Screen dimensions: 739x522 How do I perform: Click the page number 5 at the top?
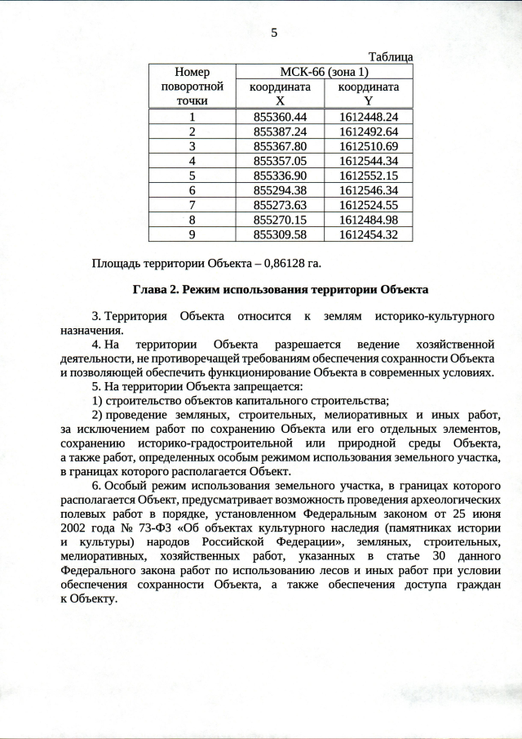pyautogui.click(x=274, y=33)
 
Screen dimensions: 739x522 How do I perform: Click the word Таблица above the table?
pyautogui.click(x=391, y=57)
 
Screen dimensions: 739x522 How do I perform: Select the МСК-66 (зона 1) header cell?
pyautogui.click(x=324, y=72)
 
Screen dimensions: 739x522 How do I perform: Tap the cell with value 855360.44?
pyautogui.click(x=280, y=118)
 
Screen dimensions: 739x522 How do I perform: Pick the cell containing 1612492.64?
pyautogui.click(x=368, y=132)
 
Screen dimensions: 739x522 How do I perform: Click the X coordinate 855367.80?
pyautogui.click(x=280, y=146)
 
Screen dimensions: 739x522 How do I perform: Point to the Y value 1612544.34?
pyautogui.click(x=368, y=161)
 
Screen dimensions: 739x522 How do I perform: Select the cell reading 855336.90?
pyautogui.click(x=280, y=176)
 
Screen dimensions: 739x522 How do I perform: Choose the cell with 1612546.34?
pyautogui.click(x=368, y=190)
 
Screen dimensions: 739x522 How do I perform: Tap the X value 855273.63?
pyautogui.click(x=280, y=205)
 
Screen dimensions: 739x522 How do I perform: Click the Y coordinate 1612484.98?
pyautogui.click(x=368, y=220)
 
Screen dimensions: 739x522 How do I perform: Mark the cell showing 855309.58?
pyautogui.click(x=280, y=234)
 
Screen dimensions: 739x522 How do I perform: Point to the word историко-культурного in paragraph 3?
pyautogui.click(x=436, y=316)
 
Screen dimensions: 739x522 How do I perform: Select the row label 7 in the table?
pyautogui.click(x=192, y=205)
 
